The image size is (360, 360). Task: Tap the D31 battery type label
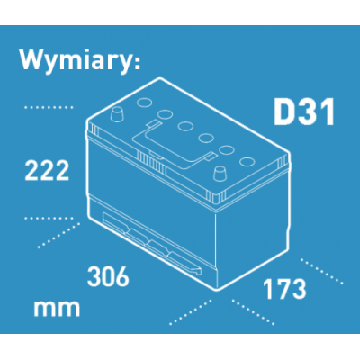click(x=304, y=113)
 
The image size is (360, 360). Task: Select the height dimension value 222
click(x=47, y=170)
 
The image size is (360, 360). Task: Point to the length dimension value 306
click(x=108, y=276)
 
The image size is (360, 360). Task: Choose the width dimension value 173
click(x=284, y=289)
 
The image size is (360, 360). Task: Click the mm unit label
click(x=57, y=309)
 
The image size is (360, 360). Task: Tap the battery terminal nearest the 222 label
click(x=117, y=114)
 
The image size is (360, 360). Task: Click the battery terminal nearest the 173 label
click(x=220, y=174)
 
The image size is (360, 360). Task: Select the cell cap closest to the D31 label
click(x=247, y=161)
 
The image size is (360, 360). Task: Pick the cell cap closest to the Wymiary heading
click(x=144, y=103)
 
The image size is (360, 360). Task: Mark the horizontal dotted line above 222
click(x=49, y=107)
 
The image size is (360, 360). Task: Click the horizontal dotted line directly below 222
click(x=49, y=219)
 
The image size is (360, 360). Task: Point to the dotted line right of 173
click(x=321, y=271)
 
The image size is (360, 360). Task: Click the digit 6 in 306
click(x=122, y=276)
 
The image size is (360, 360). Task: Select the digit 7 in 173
click(x=283, y=289)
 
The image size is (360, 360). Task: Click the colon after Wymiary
click(x=137, y=63)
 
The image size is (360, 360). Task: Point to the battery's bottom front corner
click(x=216, y=291)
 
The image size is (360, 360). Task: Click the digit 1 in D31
click(x=328, y=113)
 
